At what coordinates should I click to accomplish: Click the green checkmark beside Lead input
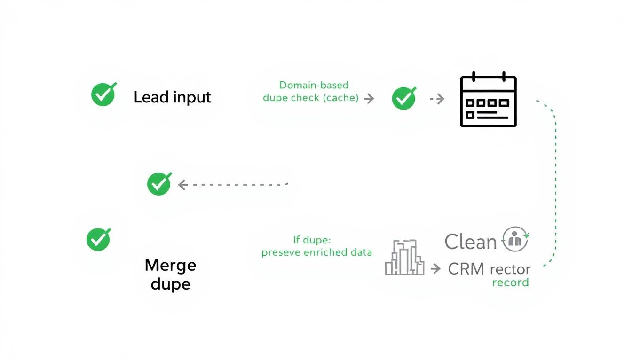(103, 94)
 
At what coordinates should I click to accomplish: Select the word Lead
(151, 97)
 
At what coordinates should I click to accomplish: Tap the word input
(192, 98)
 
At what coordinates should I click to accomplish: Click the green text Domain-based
(314, 85)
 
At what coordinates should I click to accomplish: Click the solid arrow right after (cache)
(369, 98)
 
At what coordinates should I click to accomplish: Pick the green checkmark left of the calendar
(403, 98)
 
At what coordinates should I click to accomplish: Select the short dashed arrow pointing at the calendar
(437, 99)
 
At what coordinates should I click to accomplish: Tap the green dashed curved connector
(555, 183)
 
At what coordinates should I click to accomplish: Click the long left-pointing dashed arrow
(233, 185)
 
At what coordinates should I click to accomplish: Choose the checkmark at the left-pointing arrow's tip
(159, 183)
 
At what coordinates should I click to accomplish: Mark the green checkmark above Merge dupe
(98, 239)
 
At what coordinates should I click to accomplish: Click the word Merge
(170, 265)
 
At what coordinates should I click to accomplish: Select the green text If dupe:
(312, 240)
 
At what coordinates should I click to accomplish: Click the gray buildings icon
(404, 258)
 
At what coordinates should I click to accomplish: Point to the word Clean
(470, 242)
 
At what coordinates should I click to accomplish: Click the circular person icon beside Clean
(515, 239)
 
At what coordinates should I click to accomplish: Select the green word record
(510, 283)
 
